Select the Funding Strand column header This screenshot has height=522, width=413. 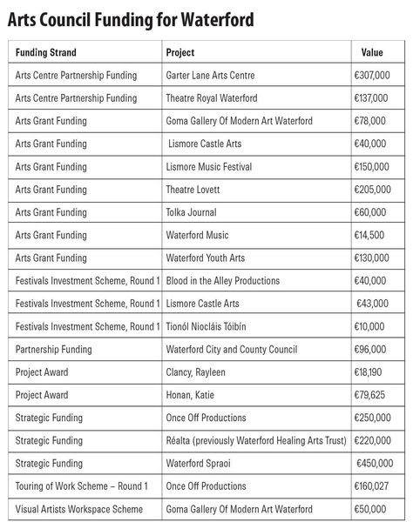coord(51,53)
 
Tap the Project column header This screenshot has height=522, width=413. coord(180,53)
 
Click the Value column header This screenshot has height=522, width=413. coord(372,53)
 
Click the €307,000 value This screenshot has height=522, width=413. coord(371,76)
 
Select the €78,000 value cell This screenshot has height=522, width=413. coord(371,121)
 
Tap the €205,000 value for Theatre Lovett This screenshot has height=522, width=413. coord(371,190)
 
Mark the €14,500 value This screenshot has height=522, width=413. coord(371,235)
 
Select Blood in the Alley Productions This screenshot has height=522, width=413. coord(223,281)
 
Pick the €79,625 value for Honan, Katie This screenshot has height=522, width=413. coord(371,395)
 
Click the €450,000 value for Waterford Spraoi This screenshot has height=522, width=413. coord(374,463)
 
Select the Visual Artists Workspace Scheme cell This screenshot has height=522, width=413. coord(78,508)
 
